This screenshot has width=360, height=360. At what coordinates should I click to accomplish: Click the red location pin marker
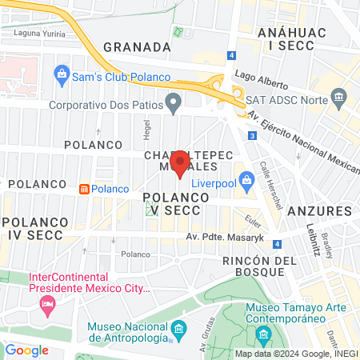(181, 164)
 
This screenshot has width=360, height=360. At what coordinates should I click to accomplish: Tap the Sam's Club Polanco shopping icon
(62, 76)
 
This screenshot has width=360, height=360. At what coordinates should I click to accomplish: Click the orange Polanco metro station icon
(83, 189)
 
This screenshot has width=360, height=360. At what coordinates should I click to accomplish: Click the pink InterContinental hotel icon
(47, 304)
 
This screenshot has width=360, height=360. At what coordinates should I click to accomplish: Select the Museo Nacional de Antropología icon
(178, 330)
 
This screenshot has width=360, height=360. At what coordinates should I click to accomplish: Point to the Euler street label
(253, 219)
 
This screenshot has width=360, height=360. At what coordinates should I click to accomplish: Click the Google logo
(27, 350)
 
